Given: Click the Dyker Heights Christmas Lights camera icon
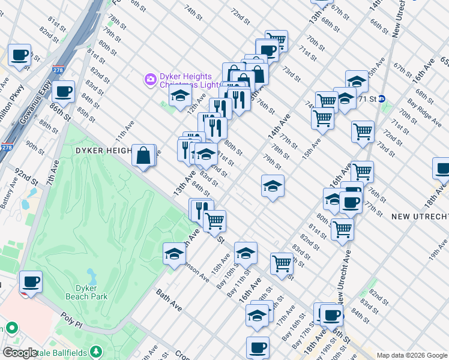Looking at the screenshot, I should (149, 79).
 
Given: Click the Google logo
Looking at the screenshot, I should (20, 353).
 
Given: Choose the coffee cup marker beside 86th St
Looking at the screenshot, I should (63, 92).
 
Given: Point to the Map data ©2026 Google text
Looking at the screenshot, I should (411, 355).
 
